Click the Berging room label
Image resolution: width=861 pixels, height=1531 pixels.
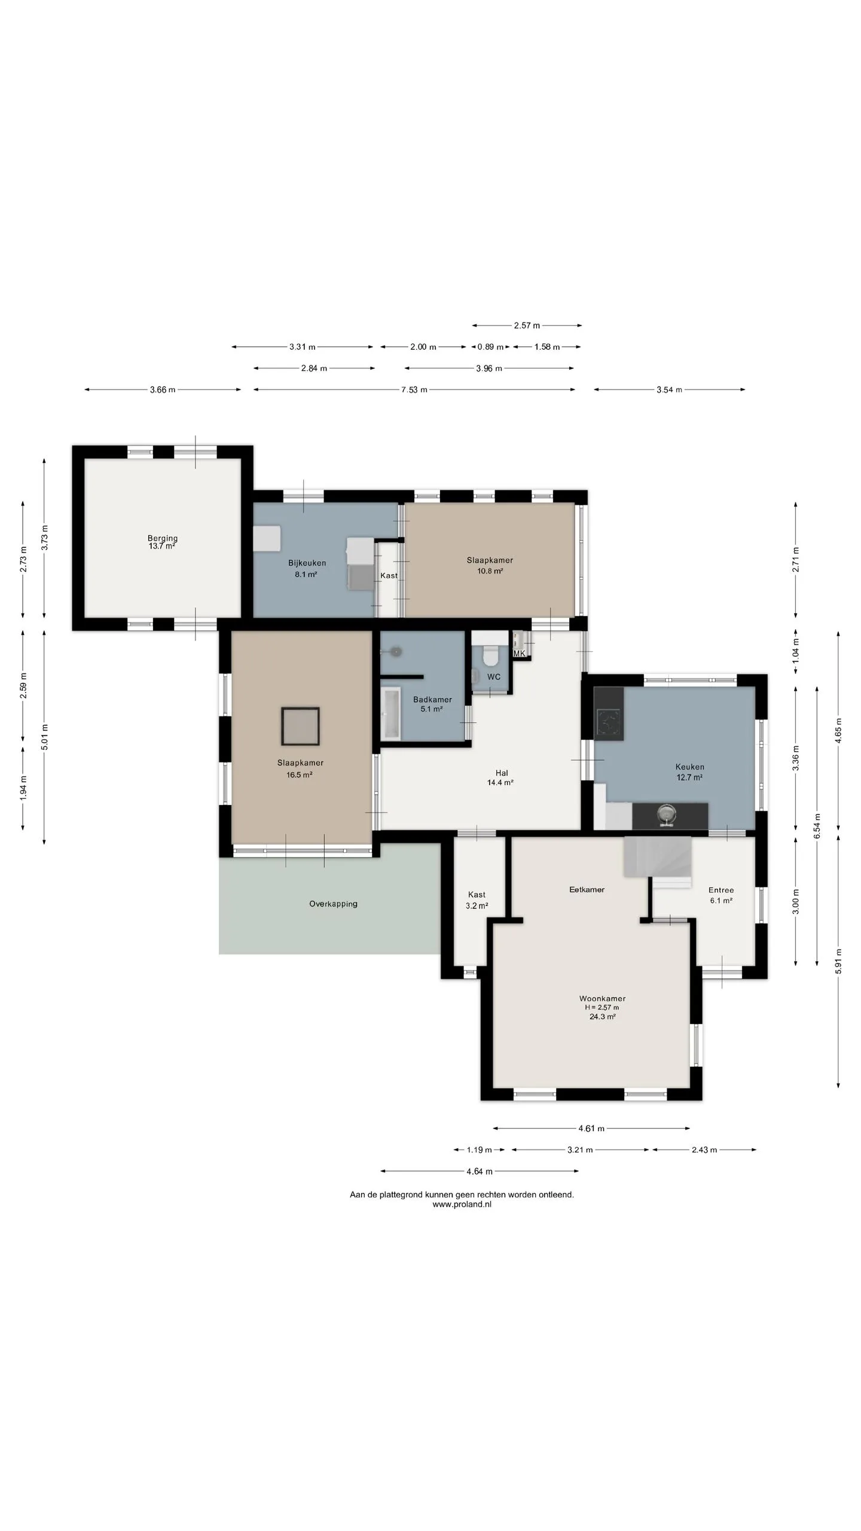click(x=163, y=538)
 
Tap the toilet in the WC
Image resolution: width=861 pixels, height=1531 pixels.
click(x=490, y=655)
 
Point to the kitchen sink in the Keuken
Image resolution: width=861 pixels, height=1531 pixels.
click(x=665, y=815)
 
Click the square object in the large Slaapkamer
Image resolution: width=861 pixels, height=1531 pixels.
click(x=300, y=726)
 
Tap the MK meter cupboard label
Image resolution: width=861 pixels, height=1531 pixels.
click(x=519, y=653)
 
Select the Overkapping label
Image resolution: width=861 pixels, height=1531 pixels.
click(x=333, y=904)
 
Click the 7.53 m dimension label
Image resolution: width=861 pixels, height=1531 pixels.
click(x=414, y=390)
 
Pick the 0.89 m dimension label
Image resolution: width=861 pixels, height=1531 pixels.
click(x=489, y=347)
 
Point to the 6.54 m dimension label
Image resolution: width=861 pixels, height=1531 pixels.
click(x=817, y=826)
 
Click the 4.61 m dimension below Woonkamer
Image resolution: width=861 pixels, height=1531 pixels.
click(x=591, y=1129)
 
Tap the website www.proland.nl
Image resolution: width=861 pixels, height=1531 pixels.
click(x=462, y=1205)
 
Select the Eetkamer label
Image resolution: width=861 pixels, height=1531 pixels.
click(x=587, y=889)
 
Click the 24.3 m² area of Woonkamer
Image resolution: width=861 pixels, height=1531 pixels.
click(x=602, y=1016)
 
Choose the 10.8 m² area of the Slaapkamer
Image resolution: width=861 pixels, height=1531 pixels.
click(x=489, y=571)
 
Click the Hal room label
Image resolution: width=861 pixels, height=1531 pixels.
click(x=501, y=773)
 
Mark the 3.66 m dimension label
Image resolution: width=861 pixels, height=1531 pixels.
click(x=163, y=390)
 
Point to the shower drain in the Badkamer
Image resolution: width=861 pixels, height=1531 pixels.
click(x=397, y=652)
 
